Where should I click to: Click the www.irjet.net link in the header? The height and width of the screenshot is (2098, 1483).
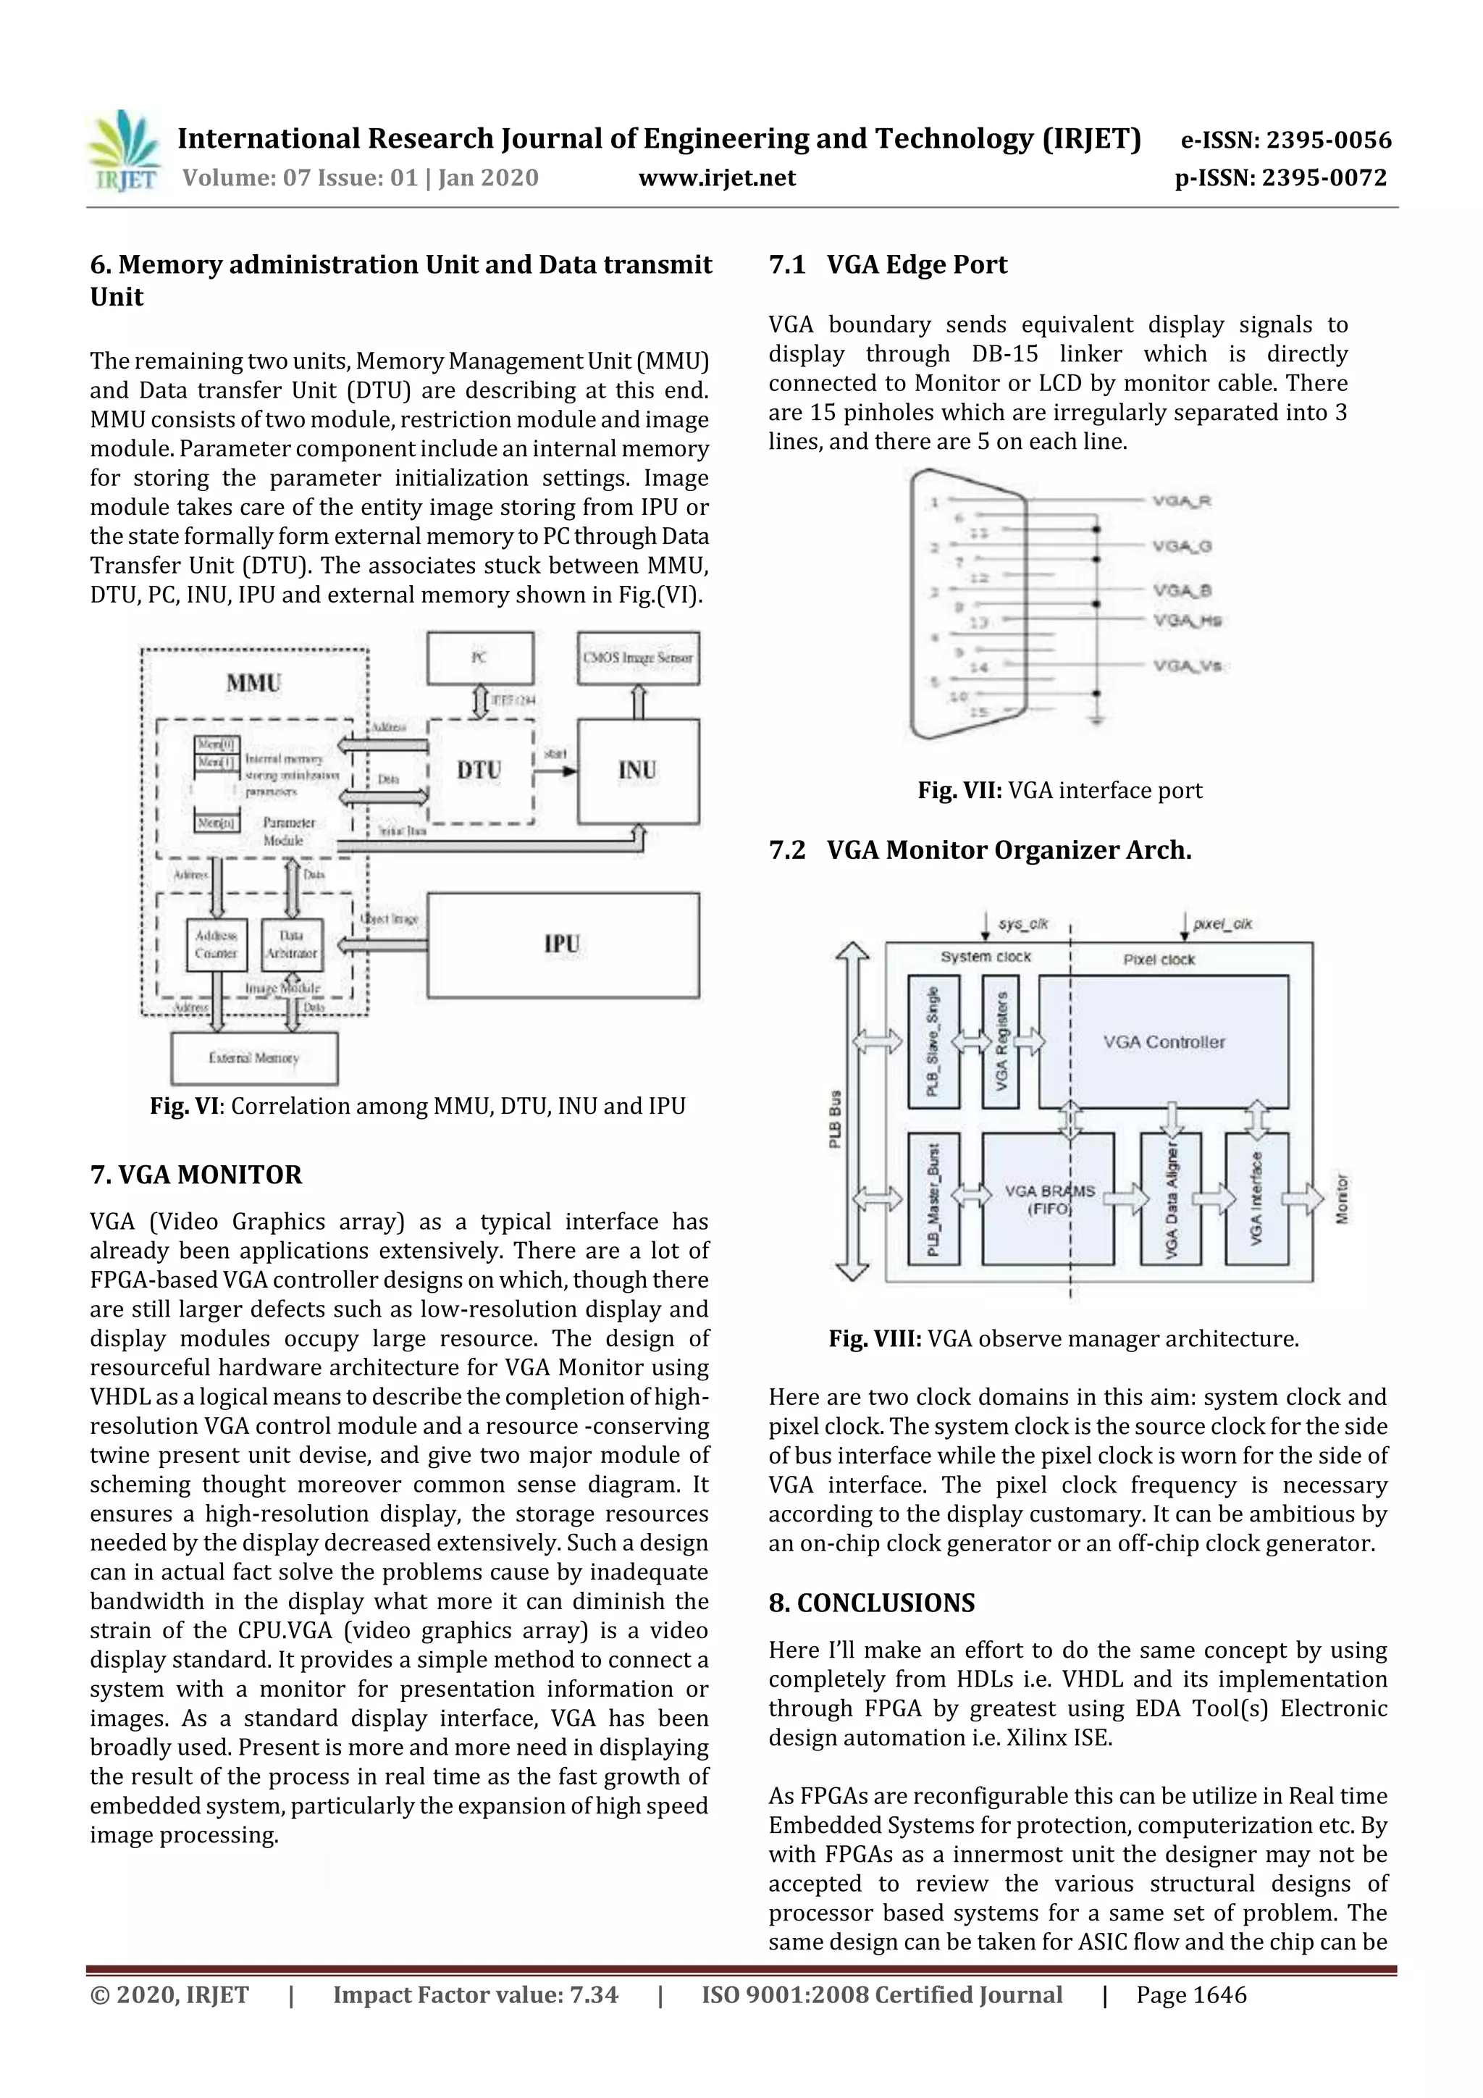point(716,177)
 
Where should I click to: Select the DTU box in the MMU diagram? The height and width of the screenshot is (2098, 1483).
point(479,771)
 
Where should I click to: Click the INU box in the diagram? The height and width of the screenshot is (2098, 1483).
point(638,771)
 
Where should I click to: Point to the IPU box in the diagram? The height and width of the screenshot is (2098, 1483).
point(563,944)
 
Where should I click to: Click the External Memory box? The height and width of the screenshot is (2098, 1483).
point(254,1057)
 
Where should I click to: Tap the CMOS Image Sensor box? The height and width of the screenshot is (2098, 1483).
point(638,658)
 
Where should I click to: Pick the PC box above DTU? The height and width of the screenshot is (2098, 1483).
point(479,658)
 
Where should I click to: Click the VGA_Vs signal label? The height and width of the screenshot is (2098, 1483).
point(1187,666)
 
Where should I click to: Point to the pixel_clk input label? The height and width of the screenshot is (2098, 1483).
point(1222,924)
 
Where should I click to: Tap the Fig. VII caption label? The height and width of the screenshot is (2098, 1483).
point(960,790)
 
